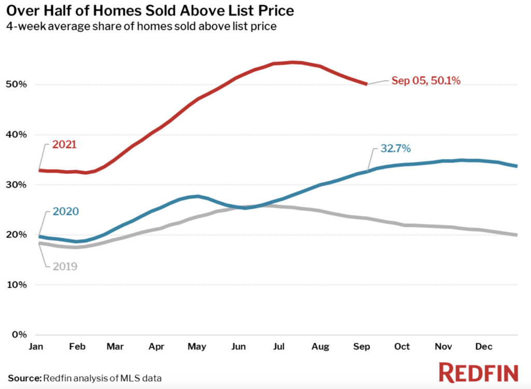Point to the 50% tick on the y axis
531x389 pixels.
point(16,85)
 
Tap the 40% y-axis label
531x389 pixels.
point(16,135)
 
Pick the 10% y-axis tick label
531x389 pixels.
point(16,285)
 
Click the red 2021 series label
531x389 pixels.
point(64,144)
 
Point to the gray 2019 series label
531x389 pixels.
point(65,267)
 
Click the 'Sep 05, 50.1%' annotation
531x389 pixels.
point(425,80)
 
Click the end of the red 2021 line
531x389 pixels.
point(367,84)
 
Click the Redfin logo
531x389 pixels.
point(478,373)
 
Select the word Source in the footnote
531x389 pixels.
point(24,378)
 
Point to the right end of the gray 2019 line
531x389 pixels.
point(516,235)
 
